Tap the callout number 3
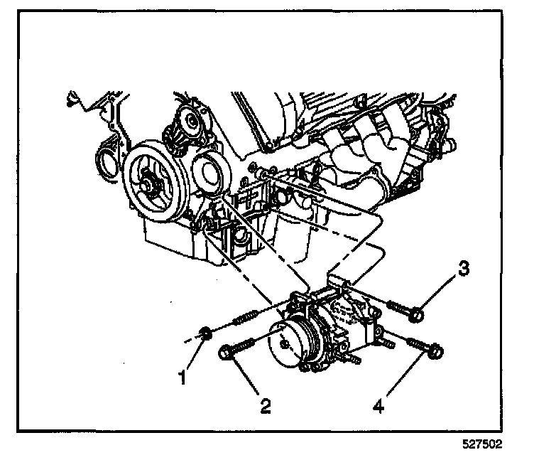tap(462, 268)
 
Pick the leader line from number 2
tap(246, 380)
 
